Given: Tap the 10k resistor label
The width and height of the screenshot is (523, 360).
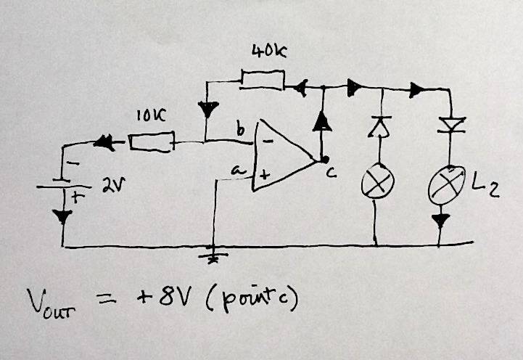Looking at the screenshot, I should [x=150, y=115].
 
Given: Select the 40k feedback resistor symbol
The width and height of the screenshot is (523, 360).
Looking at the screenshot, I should [x=263, y=78].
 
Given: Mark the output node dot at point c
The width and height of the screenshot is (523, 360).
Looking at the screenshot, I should [x=326, y=159].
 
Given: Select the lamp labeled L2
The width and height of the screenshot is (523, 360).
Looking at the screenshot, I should [x=448, y=184].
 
